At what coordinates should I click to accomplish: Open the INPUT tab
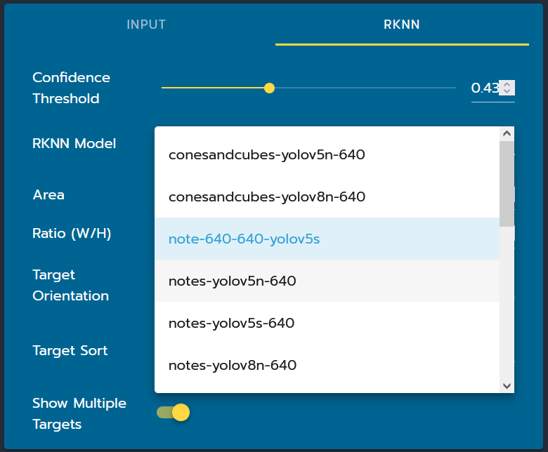pyautogui.click(x=146, y=25)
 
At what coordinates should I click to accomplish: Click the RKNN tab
pyautogui.click(x=402, y=25)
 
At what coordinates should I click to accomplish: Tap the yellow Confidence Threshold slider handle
pyautogui.click(x=269, y=88)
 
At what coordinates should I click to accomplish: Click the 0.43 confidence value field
pyautogui.click(x=485, y=88)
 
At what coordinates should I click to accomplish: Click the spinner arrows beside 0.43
pyautogui.click(x=507, y=88)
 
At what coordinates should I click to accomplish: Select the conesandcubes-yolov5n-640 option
pyautogui.click(x=267, y=154)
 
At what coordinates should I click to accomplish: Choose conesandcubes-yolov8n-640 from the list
pyautogui.click(x=267, y=197)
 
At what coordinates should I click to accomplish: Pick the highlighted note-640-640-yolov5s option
pyautogui.click(x=244, y=239)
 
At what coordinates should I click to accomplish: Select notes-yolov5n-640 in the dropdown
pyautogui.click(x=232, y=281)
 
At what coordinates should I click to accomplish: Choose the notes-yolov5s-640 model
pyautogui.click(x=231, y=323)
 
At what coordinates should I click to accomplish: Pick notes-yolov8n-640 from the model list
pyautogui.click(x=233, y=366)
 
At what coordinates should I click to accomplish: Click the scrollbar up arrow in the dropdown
pyautogui.click(x=507, y=133)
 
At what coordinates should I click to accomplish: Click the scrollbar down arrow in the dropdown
pyautogui.click(x=507, y=386)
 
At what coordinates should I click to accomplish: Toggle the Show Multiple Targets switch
pyautogui.click(x=173, y=413)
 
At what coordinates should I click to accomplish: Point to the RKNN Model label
pyautogui.click(x=74, y=143)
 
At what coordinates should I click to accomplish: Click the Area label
pyautogui.click(x=48, y=194)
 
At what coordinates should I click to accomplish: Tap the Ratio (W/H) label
pyautogui.click(x=72, y=233)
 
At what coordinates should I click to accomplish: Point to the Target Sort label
pyautogui.click(x=70, y=350)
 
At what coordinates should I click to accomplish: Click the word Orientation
pyautogui.click(x=70, y=296)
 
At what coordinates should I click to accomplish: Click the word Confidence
pyautogui.click(x=71, y=77)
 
